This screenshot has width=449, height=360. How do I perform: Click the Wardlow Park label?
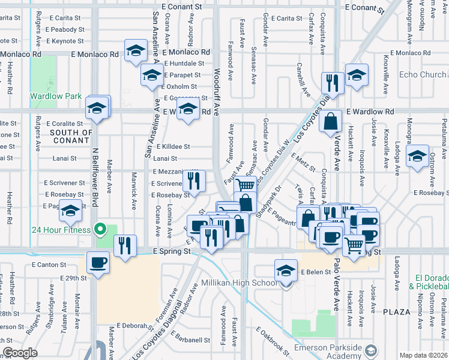pyautogui.click(x=56, y=96)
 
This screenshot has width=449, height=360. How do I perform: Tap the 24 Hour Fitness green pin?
pyautogui.click(x=101, y=229)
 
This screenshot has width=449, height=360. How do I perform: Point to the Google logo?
pyautogui.click(x=20, y=353)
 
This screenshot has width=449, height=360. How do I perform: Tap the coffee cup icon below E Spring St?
pyautogui.click(x=98, y=262)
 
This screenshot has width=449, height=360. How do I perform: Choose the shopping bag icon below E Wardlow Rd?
pyautogui.click(x=331, y=122)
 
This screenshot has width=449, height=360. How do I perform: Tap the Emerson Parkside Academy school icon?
pyautogui.click(x=372, y=350)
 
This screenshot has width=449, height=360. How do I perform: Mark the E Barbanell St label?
pyautogui.click(x=189, y=340)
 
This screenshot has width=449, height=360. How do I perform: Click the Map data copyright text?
pyautogui.click(x=424, y=355)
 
